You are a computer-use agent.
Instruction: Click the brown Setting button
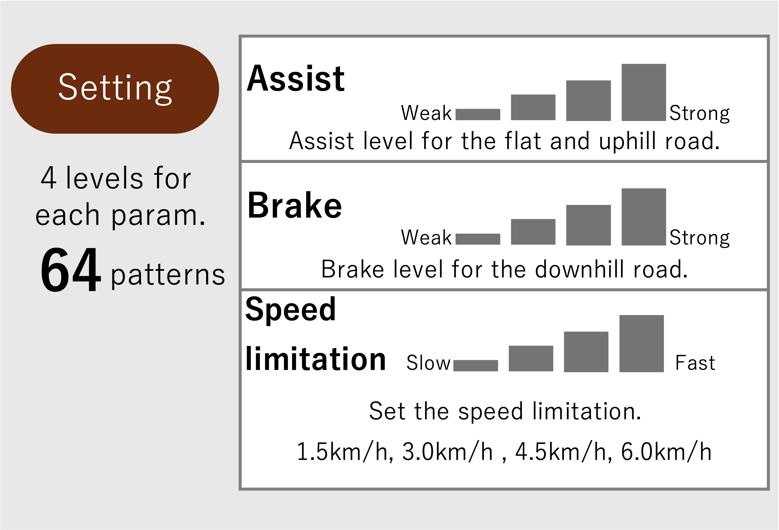(115, 89)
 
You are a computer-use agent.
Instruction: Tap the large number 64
(70, 269)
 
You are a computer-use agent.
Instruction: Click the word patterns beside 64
(168, 275)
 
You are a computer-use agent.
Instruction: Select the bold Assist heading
(296, 78)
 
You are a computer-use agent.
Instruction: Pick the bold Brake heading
(295, 205)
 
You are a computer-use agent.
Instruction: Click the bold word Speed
(290, 310)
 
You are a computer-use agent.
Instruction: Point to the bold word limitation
(315, 359)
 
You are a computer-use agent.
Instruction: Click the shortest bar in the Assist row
(478, 114)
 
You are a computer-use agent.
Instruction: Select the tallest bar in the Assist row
(644, 92)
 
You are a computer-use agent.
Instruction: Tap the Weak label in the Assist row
(426, 113)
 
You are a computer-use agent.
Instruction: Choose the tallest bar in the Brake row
(644, 217)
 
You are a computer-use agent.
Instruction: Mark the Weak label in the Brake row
(426, 237)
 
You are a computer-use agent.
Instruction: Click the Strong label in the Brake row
(700, 238)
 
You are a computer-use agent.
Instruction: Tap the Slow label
(428, 363)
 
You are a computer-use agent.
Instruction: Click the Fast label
(695, 363)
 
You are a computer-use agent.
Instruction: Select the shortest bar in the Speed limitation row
(476, 366)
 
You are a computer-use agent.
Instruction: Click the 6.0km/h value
(666, 452)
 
